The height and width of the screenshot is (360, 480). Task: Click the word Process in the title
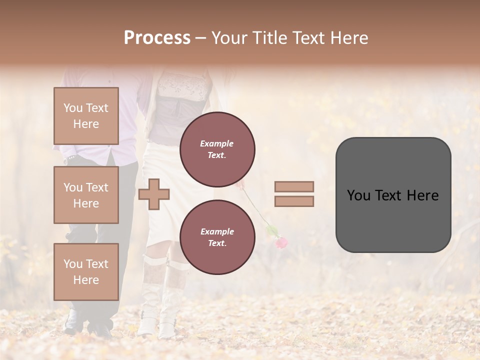[x=157, y=38]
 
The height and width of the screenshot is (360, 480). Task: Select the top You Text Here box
[x=86, y=116]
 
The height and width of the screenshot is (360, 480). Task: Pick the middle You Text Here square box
[x=86, y=195]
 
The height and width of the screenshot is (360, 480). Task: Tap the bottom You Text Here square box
[x=86, y=271]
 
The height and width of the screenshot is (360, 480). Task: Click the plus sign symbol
[x=154, y=194]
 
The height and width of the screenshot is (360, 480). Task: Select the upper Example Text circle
[x=217, y=149]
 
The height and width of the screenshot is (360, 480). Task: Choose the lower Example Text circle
[x=217, y=237]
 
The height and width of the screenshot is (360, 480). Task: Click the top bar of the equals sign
[x=294, y=186]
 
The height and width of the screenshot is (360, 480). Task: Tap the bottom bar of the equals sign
[x=294, y=201]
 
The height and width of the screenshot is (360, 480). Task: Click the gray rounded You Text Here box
[x=393, y=195]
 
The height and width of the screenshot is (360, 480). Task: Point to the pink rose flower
[x=281, y=243]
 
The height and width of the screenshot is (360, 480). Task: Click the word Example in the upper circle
[x=217, y=144]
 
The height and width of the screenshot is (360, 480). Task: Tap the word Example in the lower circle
[x=217, y=232]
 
